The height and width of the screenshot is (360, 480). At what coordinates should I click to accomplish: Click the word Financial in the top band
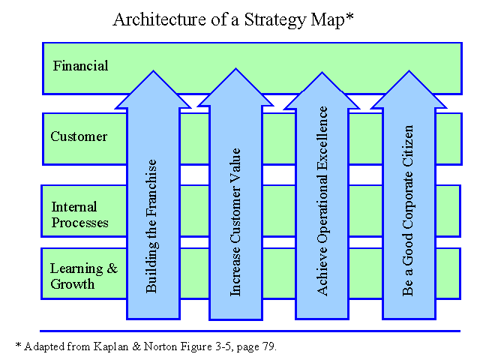[80, 66]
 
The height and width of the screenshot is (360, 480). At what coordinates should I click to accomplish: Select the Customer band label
[79, 136]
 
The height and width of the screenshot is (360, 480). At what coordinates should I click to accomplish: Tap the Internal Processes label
[79, 214]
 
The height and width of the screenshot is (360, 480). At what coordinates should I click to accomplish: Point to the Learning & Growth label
[84, 276]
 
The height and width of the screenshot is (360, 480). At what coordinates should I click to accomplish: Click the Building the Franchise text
[151, 226]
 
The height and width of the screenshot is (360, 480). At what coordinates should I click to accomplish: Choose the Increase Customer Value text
[235, 222]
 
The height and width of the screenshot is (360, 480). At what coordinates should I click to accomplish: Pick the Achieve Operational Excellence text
[322, 201]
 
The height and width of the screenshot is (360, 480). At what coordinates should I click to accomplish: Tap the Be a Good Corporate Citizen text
[408, 210]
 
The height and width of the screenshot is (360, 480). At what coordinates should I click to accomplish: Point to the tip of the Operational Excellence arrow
[322, 73]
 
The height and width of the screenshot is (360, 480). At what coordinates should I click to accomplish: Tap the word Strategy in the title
[275, 20]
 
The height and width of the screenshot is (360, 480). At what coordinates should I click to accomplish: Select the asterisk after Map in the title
[349, 16]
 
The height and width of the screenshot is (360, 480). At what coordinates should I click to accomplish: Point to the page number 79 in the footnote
[268, 346]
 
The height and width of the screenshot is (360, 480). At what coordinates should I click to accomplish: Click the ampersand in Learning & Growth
[112, 268]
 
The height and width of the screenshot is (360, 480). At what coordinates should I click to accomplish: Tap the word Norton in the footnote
[160, 346]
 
